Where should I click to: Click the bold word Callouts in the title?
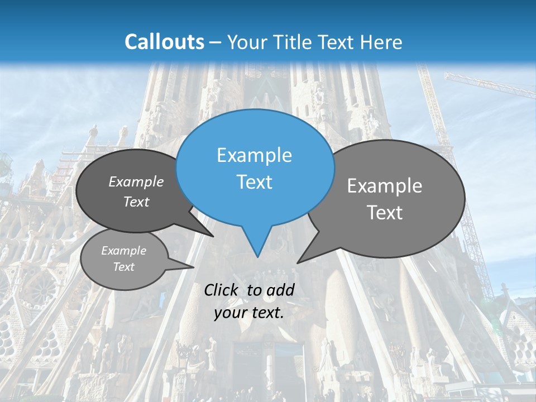click(164, 42)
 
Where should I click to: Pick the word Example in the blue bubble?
click(255, 155)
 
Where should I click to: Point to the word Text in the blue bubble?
click(255, 182)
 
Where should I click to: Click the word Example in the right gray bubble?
click(385, 186)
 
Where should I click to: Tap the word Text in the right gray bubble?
click(385, 213)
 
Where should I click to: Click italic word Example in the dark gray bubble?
click(136, 182)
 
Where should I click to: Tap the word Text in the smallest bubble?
click(124, 267)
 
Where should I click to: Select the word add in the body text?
click(280, 290)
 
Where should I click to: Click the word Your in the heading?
click(248, 42)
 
